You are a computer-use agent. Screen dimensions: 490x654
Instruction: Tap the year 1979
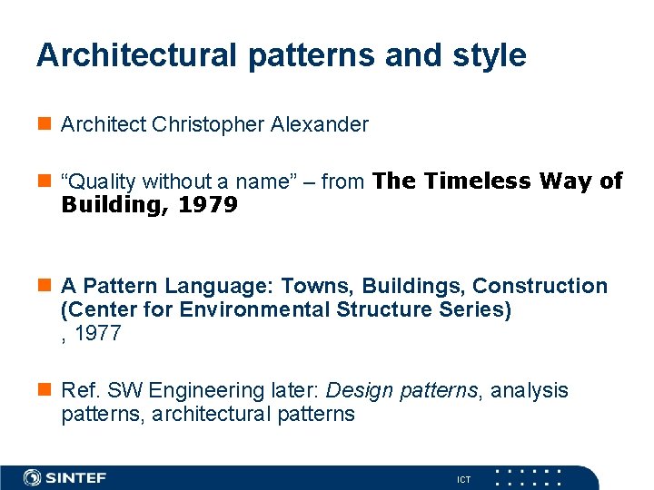[x=208, y=205]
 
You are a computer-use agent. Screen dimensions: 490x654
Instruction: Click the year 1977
[x=97, y=333]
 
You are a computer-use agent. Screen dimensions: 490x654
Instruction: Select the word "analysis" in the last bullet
[x=530, y=390]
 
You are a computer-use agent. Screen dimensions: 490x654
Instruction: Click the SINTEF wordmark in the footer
[x=76, y=477]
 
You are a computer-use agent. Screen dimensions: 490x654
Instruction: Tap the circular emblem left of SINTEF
[x=32, y=477]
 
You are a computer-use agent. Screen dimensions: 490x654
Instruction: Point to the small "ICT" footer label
[x=463, y=479]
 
